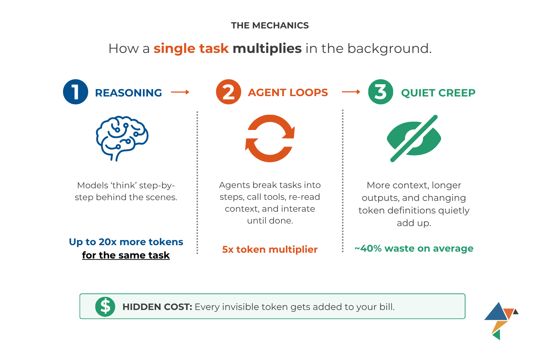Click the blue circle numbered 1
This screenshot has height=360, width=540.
76,92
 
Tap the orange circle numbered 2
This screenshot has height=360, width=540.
229,92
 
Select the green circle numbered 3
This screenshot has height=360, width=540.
381,92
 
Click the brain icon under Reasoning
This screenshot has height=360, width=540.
122,138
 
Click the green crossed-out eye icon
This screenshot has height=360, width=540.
414,138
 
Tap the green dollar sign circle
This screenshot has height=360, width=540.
105,307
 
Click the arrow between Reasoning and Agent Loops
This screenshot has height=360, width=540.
180,92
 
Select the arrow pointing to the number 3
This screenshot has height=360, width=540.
351,92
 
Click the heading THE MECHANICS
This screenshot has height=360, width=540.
270,26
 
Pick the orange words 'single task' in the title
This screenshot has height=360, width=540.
191,49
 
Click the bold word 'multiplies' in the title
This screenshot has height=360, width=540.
267,49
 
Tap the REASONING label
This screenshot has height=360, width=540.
129,93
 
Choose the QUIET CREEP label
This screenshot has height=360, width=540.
438,93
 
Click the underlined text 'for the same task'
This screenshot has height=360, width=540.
126,255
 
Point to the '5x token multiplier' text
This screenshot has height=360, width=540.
270,249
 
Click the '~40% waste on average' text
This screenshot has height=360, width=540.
414,248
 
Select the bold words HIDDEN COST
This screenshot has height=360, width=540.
157,307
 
